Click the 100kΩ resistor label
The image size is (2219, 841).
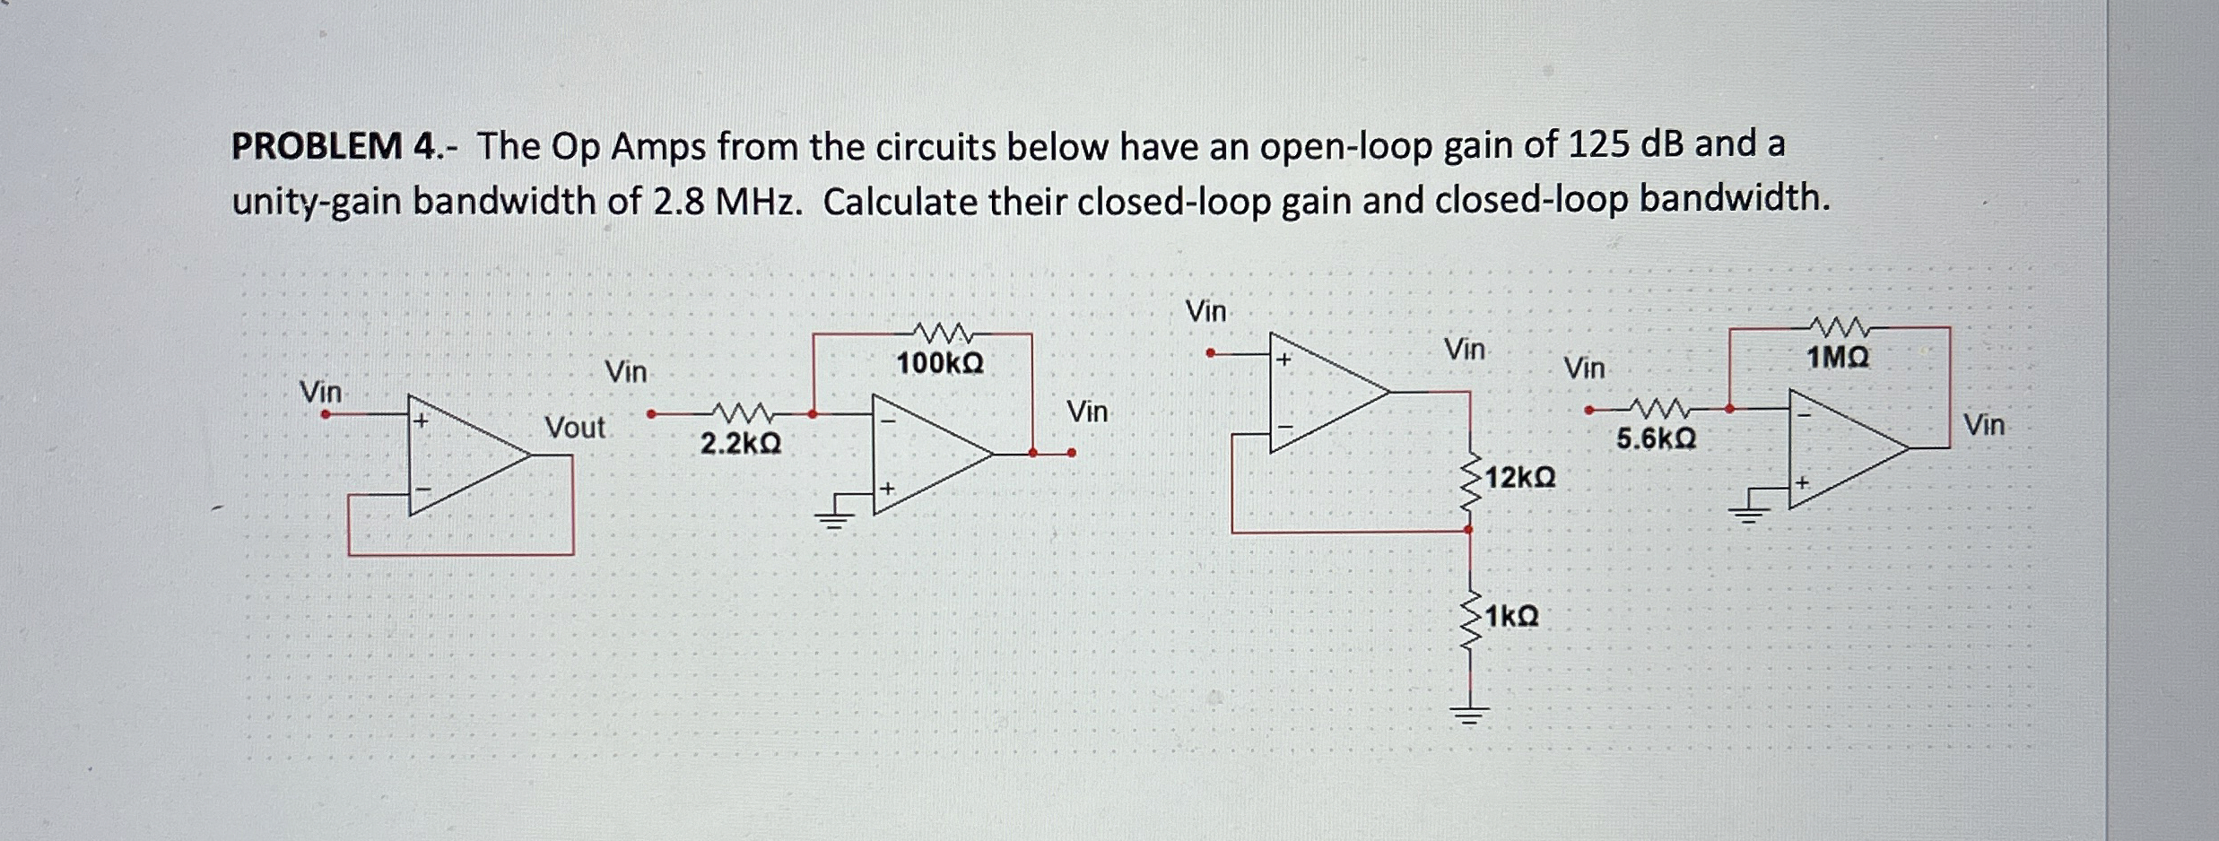click(940, 363)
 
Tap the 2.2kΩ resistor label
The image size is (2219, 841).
click(740, 443)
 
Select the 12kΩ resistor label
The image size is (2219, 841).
click(1520, 478)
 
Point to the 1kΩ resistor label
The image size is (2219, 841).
click(1511, 617)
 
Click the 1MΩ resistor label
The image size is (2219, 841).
click(1838, 359)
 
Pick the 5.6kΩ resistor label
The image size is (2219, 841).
click(1656, 439)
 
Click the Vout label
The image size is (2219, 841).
click(575, 428)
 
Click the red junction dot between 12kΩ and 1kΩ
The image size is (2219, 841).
click(1468, 530)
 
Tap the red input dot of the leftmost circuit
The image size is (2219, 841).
click(326, 414)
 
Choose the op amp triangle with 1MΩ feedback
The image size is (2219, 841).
click(1843, 448)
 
